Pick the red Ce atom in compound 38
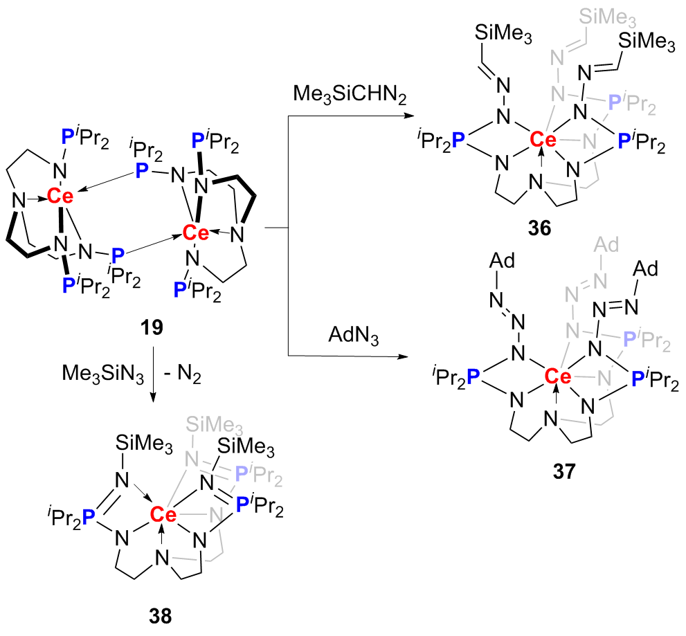[163, 514]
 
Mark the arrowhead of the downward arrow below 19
[152, 400]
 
